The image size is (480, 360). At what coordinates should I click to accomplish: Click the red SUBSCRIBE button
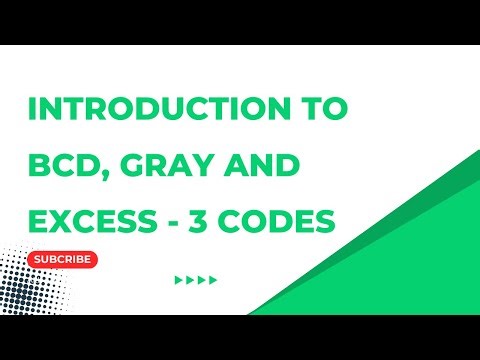[x=64, y=260]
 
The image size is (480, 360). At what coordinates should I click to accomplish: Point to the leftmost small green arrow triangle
[x=179, y=281]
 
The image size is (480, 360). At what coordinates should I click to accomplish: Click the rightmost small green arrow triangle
[x=213, y=281]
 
